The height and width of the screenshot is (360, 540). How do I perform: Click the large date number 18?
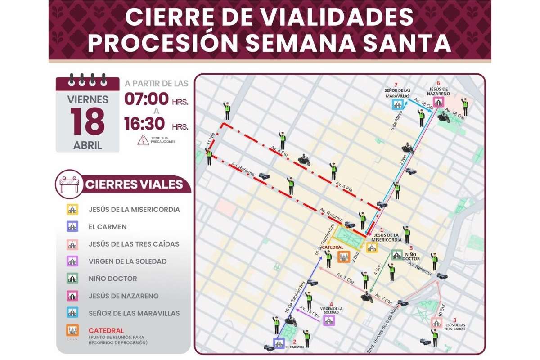coord(88,121)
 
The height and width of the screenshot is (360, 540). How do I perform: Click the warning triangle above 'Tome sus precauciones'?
coord(143,140)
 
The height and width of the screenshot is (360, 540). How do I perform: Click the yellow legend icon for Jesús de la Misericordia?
coord(72,210)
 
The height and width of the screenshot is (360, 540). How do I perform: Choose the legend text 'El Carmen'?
coord(108,227)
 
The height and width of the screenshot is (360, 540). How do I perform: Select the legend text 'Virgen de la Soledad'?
coord(127,261)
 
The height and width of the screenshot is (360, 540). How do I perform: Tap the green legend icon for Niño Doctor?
coord(72,279)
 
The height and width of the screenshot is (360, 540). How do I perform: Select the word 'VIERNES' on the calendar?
coord(88,99)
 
